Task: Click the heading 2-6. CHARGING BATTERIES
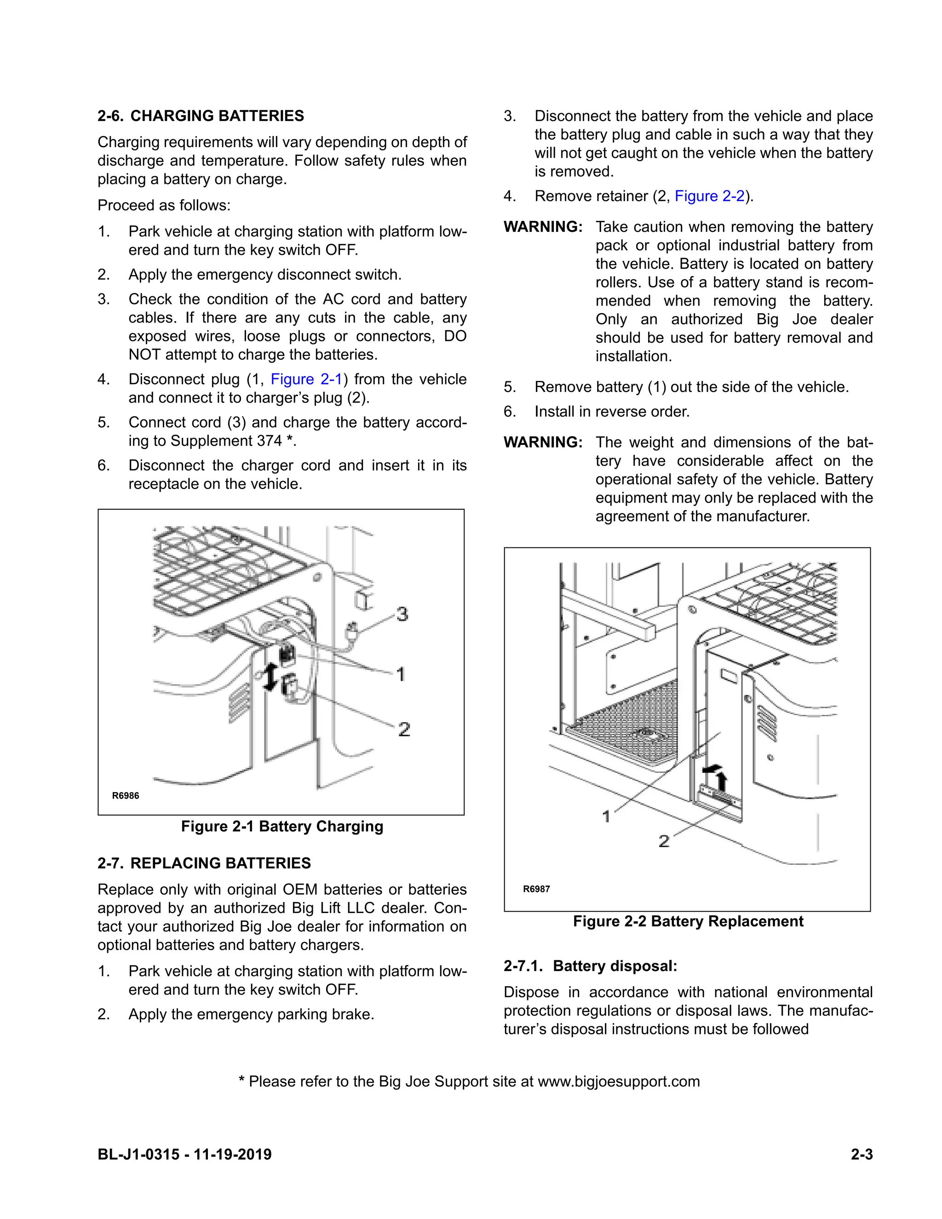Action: pos(201,115)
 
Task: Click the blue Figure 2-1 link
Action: pos(306,379)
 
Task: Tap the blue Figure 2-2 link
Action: pos(709,196)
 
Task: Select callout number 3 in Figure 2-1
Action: pos(402,614)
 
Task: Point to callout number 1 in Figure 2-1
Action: pos(400,674)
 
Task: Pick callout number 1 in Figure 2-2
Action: pos(607,816)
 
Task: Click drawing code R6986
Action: pos(126,795)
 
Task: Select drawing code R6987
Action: pos(536,889)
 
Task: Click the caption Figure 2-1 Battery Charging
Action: pos(282,826)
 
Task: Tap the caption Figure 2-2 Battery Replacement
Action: pos(688,921)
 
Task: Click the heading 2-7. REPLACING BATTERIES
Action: pos(204,863)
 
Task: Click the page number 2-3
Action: pos(861,1154)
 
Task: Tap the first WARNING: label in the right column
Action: pos(542,227)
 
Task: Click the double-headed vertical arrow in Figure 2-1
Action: pos(270,677)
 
